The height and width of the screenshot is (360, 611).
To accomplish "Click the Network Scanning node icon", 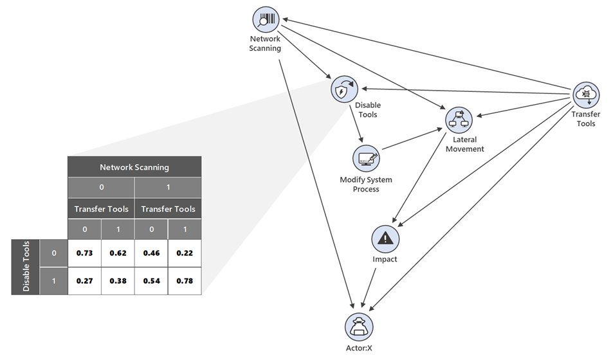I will (x=265, y=20).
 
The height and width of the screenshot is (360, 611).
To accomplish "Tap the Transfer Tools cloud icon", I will (x=586, y=94).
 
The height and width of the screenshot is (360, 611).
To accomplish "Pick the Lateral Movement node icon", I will (x=459, y=120).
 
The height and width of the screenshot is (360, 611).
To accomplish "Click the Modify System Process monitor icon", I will (x=367, y=158).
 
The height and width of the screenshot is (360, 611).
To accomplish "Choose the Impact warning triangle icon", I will (x=385, y=239).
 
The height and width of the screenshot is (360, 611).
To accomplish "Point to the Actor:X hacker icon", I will (x=360, y=324).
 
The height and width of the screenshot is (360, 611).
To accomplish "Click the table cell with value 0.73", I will (x=84, y=253).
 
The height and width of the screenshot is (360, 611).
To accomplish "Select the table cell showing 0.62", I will (x=118, y=253).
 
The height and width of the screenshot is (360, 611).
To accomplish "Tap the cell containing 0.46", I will (x=151, y=253).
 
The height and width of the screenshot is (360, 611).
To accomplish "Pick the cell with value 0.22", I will (x=185, y=253).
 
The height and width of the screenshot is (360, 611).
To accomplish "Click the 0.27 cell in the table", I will (x=84, y=281).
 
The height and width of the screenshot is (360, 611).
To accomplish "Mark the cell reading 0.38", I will (x=118, y=281).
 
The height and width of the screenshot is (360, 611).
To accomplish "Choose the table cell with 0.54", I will (x=151, y=281).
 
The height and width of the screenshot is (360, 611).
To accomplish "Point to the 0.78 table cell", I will (x=185, y=281).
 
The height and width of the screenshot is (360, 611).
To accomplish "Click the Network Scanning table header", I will (x=134, y=167).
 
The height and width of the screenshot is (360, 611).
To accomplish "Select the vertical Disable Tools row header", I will (x=26, y=267).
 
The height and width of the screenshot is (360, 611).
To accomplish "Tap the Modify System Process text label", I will (x=366, y=184).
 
